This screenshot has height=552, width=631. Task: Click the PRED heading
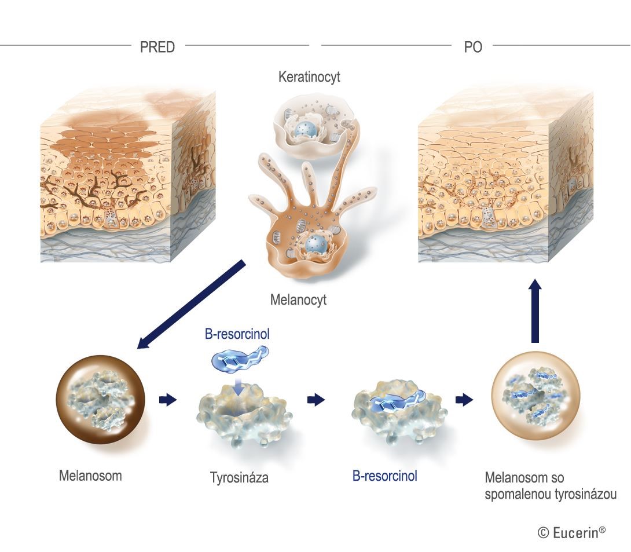(x=157, y=47)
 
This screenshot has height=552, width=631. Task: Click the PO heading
(x=473, y=47)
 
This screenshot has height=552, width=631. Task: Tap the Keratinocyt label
(x=309, y=77)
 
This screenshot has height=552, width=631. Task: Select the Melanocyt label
(x=298, y=300)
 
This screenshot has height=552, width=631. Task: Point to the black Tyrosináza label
(x=239, y=478)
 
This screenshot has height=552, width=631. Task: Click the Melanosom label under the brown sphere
(x=90, y=476)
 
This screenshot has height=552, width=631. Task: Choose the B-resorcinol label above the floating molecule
(x=237, y=334)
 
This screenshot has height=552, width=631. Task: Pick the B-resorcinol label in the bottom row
(x=385, y=477)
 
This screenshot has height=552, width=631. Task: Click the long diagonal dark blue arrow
(x=191, y=304)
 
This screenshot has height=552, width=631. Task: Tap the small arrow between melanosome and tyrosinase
(x=167, y=400)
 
